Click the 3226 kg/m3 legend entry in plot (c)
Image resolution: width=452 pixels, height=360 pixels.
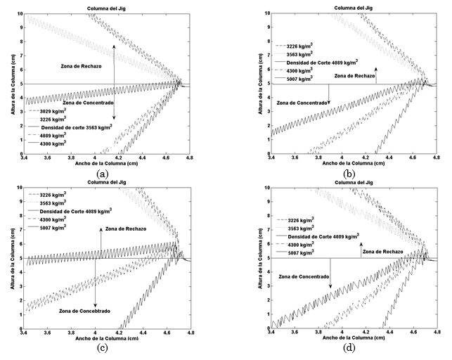click(55, 194)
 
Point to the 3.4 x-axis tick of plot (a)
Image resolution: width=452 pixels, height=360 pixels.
click(28, 160)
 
